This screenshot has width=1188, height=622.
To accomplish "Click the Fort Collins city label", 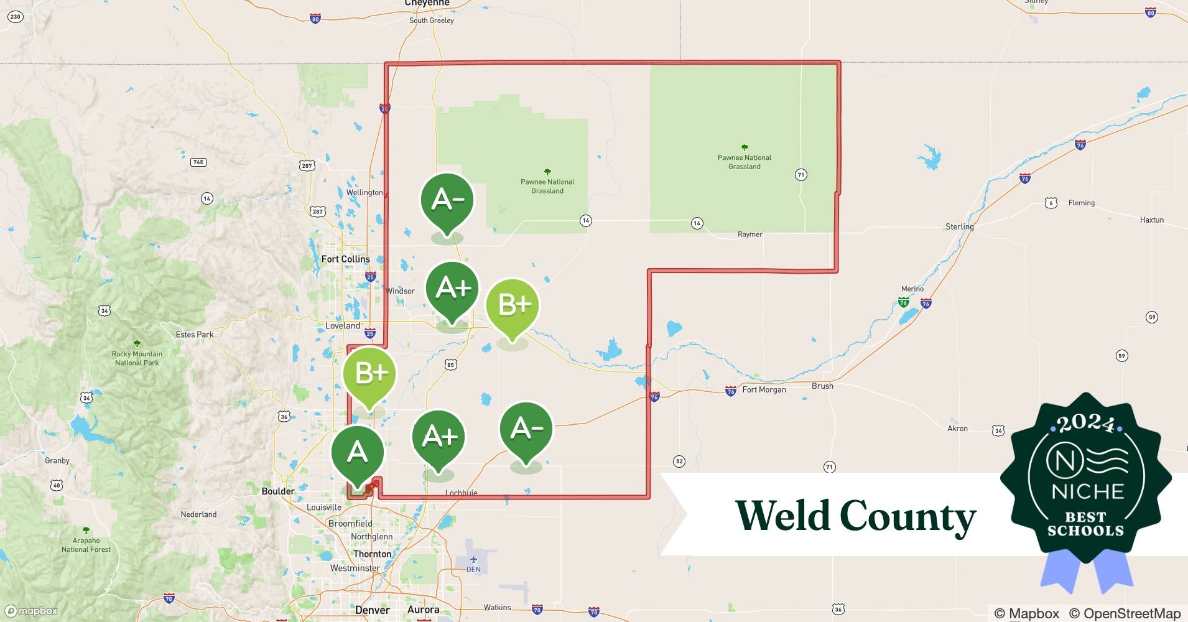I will coord(345,259).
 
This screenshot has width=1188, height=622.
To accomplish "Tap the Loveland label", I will coord(343,325).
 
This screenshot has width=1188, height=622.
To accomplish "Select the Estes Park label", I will coord(194,334).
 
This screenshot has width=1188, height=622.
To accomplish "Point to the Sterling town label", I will coord(959,226).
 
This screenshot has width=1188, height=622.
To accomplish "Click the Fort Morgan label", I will coord(764,389).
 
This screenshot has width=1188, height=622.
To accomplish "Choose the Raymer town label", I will coord(749,234).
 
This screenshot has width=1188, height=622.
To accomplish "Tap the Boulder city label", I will coord(278,491).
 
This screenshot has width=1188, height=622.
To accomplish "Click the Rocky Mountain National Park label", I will coord(137,358).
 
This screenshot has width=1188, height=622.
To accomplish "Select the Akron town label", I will coord(957,428).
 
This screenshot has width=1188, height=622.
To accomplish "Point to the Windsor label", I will coord(400,290).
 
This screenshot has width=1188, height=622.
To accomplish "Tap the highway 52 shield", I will coord(679,461).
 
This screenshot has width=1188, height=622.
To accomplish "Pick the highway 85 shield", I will coord(450,364).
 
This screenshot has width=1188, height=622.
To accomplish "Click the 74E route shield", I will coord(198,162).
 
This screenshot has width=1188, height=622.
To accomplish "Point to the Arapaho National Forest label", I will coord(86,545).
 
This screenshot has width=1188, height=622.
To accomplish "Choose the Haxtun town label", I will coord(1151,220).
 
